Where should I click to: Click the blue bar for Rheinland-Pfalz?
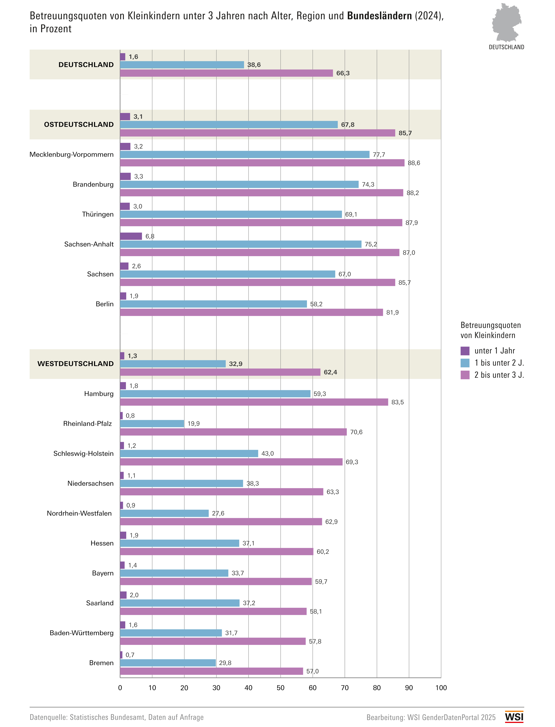(152, 424)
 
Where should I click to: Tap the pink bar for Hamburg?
(254, 402)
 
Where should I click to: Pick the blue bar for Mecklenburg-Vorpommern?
(245, 154)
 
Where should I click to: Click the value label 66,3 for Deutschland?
(343, 73)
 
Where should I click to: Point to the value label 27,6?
(218, 513)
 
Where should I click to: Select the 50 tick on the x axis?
(280, 688)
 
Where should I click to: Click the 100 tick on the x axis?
(441, 688)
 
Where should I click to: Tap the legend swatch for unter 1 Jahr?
(465, 351)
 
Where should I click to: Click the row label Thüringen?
(98, 214)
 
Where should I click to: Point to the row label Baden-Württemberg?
(82, 633)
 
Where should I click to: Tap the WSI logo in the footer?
(514, 717)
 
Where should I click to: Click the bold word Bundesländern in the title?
(379, 16)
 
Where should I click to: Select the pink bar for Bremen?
(211, 671)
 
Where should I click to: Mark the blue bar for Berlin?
(213, 304)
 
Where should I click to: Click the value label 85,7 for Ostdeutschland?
(405, 133)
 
